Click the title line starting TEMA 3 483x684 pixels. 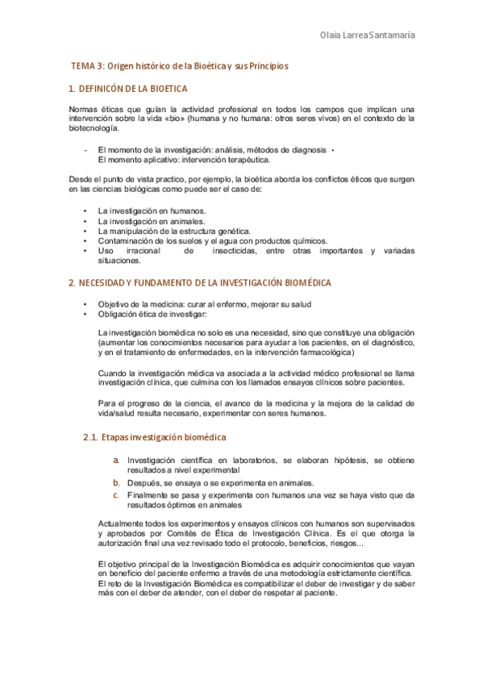click(179, 65)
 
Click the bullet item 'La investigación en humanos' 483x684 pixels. click(145, 211)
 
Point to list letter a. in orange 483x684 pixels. click(116, 460)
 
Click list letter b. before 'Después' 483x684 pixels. click(116, 482)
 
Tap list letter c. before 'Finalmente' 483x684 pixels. click(116, 494)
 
